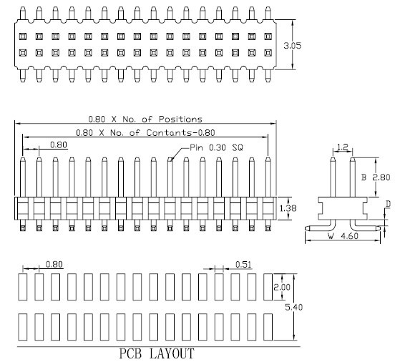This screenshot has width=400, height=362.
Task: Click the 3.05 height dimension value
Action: (293, 46)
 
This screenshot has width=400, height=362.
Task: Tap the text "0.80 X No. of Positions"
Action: (145, 119)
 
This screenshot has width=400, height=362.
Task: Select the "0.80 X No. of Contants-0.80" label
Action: (145, 132)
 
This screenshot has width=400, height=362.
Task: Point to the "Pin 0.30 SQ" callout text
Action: (216, 147)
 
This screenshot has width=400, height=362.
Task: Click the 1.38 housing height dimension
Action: (288, 208)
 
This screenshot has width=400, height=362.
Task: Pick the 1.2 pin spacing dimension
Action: (343, 147)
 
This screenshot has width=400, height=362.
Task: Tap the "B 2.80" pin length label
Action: (376, 177)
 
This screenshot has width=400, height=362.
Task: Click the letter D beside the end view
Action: (388, 204)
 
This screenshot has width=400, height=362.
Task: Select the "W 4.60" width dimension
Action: (343, 236)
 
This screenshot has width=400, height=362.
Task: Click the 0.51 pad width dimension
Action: (243, 265)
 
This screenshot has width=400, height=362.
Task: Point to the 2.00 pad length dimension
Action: (282, 288)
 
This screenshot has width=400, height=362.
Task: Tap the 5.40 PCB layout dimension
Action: (294, 307)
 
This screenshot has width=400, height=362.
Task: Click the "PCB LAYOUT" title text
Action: (157, 353)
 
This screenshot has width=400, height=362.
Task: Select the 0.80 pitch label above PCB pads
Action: (54, 264)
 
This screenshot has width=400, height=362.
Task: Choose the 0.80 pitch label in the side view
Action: (59, 145)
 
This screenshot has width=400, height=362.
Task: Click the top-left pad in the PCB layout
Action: (23, 287)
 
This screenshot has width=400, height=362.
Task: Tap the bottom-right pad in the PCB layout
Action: (268, 327)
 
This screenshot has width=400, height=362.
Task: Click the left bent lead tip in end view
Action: (307, 228)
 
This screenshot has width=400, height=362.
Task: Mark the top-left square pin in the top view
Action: (23, 36)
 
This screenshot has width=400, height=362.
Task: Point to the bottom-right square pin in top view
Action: (268, 53)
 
